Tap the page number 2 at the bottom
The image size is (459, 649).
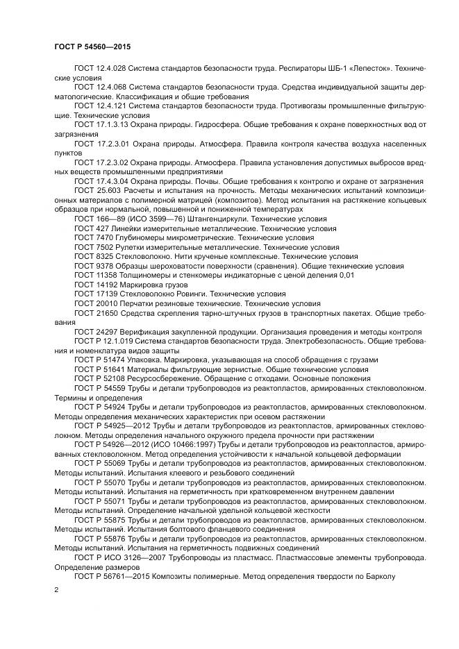coord(56,589)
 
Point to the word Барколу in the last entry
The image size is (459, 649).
coord(380,575)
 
